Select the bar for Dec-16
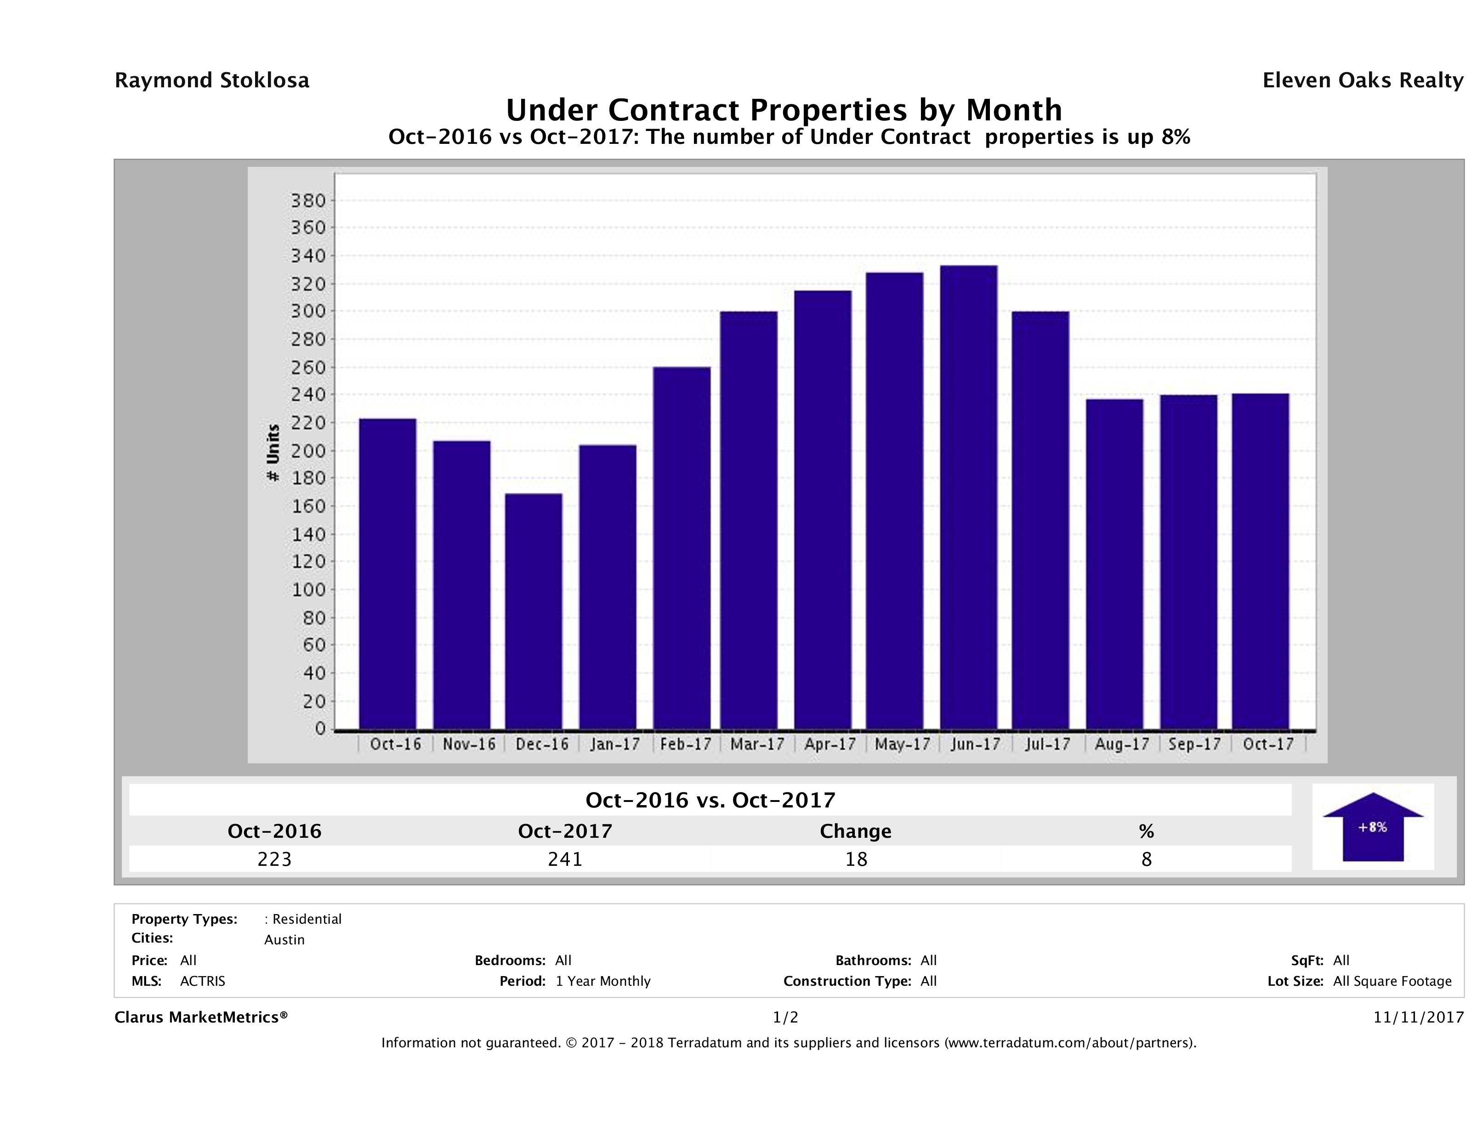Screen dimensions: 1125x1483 pyautogui.click(x=534, y=611)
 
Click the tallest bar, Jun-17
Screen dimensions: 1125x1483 pyautogui.click(x=968, y=497)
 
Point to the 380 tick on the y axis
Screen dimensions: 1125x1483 pyautogui.click(x=308, y=200)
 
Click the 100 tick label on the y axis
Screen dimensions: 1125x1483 pyautogui.click(x=308, y=590)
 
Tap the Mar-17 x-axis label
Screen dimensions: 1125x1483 pyautogui.click(x=757, y=744)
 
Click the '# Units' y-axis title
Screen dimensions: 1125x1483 pyautogui.click(x=273, y=453)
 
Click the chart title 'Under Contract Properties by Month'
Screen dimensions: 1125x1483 pyautogui.click(x=783, y=109)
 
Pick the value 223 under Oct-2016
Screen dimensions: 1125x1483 pyautogui.click(x=274, y=859)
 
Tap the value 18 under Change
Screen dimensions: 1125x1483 pyautogui.click(x=856, y=859)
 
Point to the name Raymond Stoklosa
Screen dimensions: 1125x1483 pyautogui.click(x=212, y=80)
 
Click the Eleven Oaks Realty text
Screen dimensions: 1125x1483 pyautogui.click(x=1362, y=80)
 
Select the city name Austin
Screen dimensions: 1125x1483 pyautogui.click(x=284, y=940)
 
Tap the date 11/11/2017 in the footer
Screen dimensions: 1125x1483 pyautogui.click(x=1418, y=1017)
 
